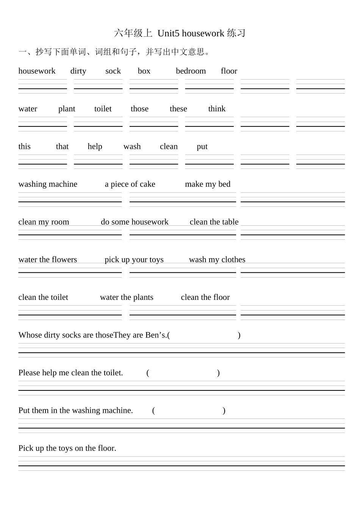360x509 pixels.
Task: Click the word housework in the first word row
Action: coord(37,71)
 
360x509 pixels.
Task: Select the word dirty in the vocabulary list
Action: coord(78,71)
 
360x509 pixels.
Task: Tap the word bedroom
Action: coord(191,71)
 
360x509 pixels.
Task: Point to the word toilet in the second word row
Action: coord(103,109)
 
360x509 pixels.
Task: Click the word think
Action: coord(217,109)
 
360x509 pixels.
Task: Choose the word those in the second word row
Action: coord(139,109)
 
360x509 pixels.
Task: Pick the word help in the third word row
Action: coord(95,147)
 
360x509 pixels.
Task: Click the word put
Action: coord(202,147)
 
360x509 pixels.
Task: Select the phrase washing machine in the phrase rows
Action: coord(48,184)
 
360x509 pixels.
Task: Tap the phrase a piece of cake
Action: coord(130,184)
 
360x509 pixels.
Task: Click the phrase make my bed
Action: coord(208,184)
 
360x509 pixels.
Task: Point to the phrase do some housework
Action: coord(135,222)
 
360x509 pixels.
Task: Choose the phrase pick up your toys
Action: coord(134,259)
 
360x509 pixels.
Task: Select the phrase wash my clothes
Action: coord(217,259)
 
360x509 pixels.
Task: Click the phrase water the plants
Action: coord(127,297)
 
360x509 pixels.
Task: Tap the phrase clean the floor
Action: coord(205,297)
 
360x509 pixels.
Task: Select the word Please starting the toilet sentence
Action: coord(29,373)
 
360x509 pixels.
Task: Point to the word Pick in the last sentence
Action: coord(26,448)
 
